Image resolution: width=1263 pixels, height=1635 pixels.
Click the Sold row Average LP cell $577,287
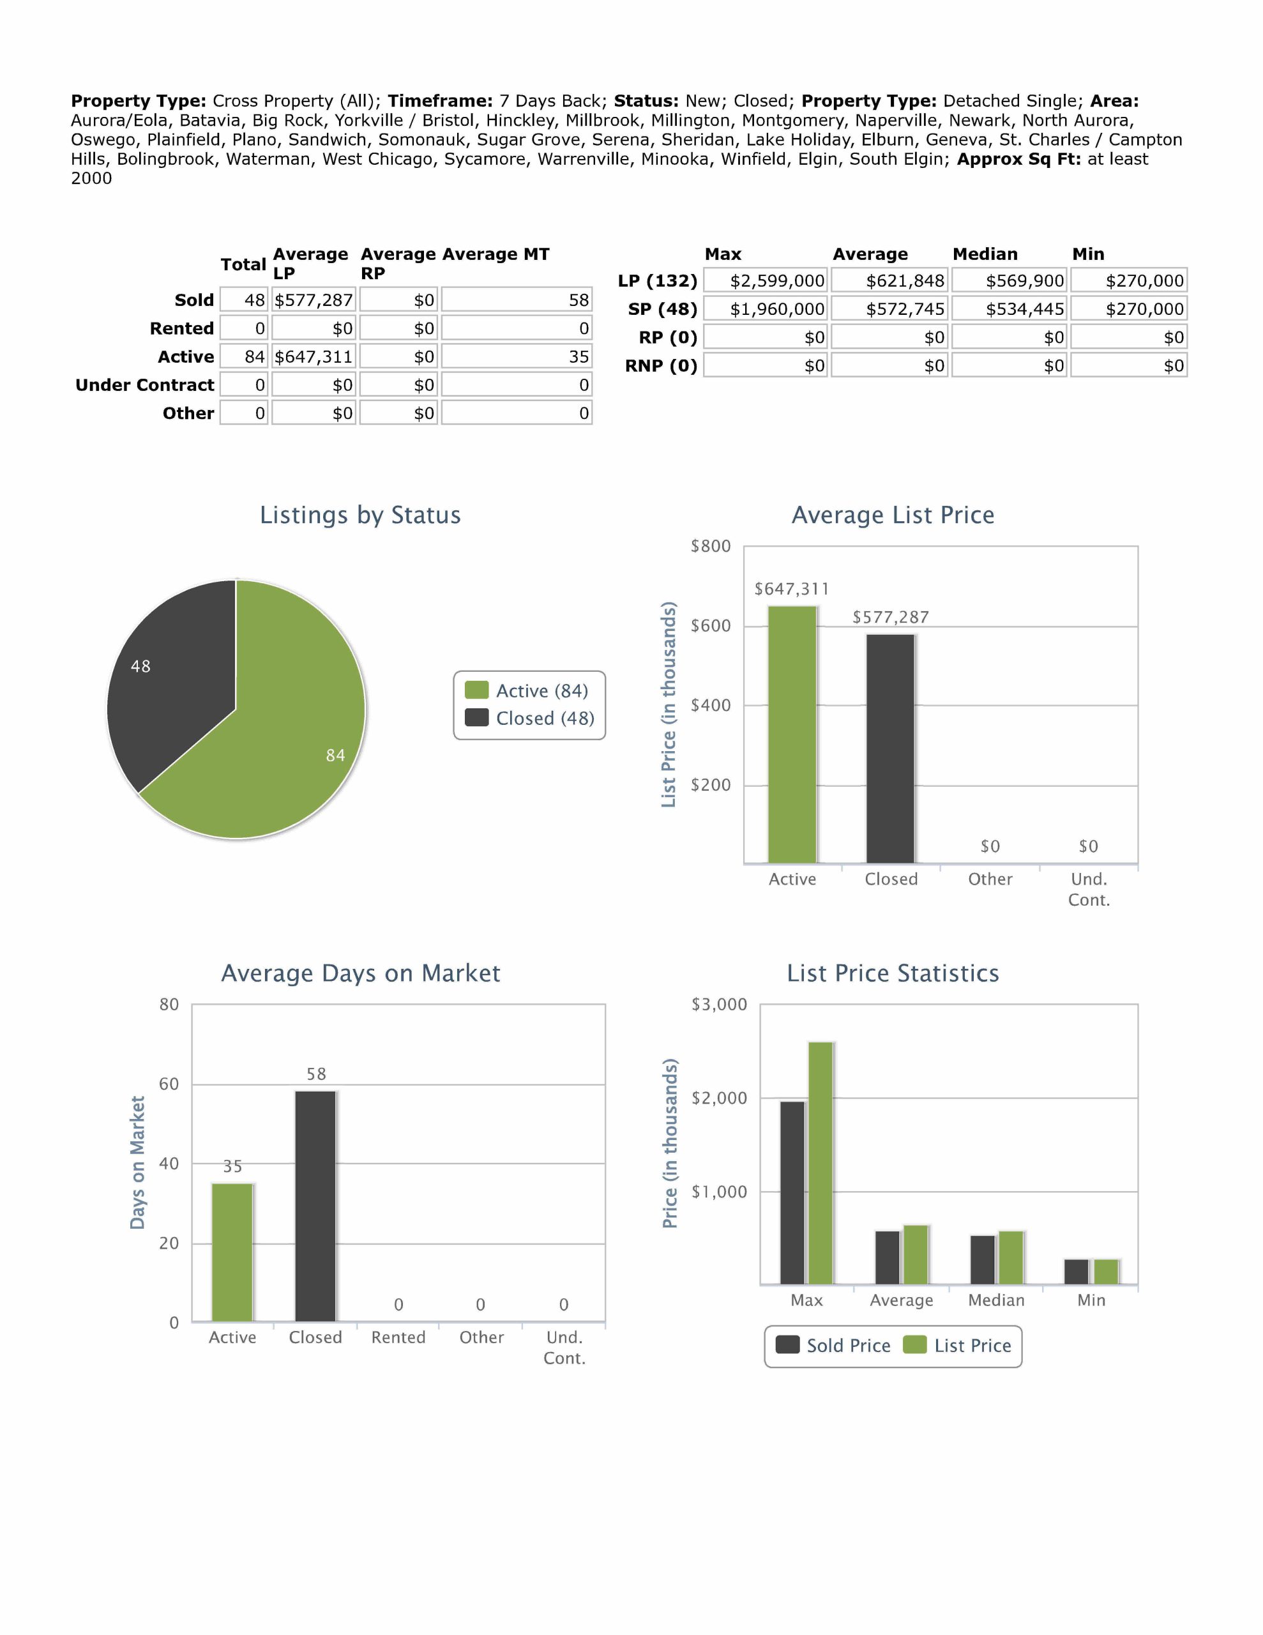tap(313, 300)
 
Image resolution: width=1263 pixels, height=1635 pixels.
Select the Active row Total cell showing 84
tap(244, 357)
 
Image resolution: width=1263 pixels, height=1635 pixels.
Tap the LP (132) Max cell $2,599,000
tap(765, 281)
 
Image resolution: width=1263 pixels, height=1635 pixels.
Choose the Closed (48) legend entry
tap(530, 718)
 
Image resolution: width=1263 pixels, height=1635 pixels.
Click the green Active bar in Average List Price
tap(792, 734)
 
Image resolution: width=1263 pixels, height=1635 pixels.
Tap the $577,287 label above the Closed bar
tap(890, 617)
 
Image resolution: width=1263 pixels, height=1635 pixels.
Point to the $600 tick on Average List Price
tap(710, 626)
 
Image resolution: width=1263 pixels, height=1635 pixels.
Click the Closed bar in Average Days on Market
tap(315, 1205)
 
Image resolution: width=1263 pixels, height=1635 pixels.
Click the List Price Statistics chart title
tap(893, 973)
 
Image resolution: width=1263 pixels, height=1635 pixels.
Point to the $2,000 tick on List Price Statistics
tap(719, 1099)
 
